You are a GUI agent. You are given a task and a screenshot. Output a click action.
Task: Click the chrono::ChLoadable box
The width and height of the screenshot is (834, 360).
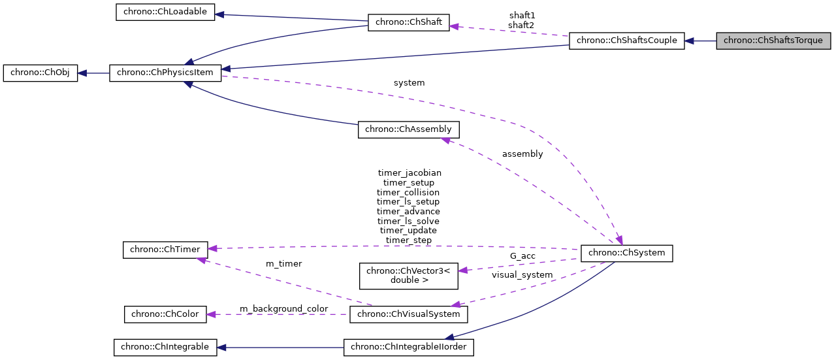(165, 12)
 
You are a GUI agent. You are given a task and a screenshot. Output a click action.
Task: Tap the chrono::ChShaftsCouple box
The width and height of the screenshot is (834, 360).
(627, 41)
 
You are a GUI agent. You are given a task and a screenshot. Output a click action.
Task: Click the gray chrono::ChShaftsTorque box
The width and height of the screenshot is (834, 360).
(773, 41)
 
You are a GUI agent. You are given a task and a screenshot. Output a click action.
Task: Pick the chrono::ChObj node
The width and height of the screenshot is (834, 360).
(40, 73)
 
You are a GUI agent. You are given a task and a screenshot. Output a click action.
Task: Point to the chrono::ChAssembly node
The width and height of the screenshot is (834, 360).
(408, 129)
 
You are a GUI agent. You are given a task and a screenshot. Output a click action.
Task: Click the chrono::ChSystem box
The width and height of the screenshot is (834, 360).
(627, 252)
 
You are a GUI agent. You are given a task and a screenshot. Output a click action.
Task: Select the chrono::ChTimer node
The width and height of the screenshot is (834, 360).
(166, 249)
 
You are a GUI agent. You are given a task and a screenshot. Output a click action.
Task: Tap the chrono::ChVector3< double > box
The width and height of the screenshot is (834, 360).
(408, 275)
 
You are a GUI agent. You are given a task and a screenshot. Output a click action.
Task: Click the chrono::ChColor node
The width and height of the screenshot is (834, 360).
(165, 314)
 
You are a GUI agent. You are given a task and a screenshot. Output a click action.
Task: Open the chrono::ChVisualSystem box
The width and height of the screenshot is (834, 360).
(408, 314)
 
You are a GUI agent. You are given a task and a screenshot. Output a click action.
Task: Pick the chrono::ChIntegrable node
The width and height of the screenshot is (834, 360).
(165, 347)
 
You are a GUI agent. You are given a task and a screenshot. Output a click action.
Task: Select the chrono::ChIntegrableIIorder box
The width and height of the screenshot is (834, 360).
(408, 347)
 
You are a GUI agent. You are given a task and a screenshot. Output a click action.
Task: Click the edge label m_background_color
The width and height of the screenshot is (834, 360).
(283, 308)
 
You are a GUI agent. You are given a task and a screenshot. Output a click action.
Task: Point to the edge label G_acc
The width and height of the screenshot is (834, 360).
(522, 256)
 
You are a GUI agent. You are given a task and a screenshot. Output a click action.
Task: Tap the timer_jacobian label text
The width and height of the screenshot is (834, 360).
(409, 173)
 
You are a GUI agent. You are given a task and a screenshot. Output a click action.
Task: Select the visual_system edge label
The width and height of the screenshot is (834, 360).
(522, 275)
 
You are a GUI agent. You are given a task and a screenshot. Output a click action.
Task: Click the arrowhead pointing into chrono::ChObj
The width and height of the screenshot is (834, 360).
(83, 73)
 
